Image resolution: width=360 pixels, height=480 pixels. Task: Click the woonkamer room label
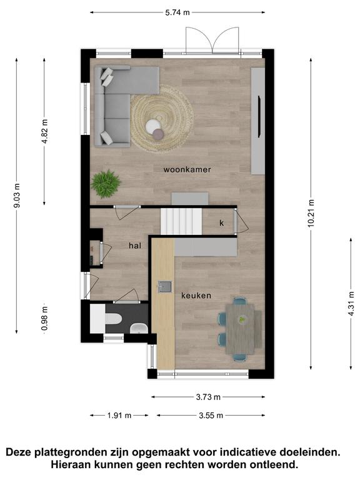coord(187,169)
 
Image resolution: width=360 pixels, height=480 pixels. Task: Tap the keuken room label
coord(196,296)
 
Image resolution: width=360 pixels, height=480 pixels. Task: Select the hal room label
coord(135,246)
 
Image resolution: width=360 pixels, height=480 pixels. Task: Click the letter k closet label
coord(222,223)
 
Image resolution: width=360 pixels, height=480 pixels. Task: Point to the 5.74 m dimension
coord(177,12)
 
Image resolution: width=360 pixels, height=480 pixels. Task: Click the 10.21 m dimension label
coord(311,213)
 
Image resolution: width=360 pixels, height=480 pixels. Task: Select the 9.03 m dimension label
coord(17,196)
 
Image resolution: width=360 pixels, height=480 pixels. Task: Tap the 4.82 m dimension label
coord(45,131)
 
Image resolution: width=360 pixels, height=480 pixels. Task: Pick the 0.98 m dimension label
coord(45,319)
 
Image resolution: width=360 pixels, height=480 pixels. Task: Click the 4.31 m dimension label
coord(351,304)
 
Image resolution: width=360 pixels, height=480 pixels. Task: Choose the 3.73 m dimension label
coord(208,397)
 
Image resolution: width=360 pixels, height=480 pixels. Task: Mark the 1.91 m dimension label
coord(119,416)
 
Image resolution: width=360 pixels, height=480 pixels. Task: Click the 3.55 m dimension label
coord(211,416)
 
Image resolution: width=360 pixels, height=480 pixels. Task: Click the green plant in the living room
coord(106,184)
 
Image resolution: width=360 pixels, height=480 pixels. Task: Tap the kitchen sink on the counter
coord(165,287)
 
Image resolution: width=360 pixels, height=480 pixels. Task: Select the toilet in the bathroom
coord(113,318)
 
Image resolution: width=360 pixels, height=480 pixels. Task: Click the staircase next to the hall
coord(181,221)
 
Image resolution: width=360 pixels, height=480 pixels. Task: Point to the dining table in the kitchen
coord(240,329)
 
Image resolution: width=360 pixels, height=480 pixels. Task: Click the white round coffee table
coord(153,126)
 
